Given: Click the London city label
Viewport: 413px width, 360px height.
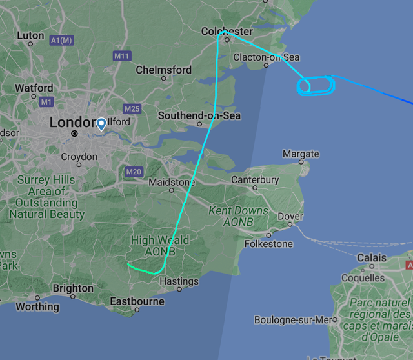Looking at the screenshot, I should pos(71,122).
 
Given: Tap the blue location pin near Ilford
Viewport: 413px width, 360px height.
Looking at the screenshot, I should pos(101,123).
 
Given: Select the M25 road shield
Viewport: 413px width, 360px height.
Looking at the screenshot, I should pos(132,108).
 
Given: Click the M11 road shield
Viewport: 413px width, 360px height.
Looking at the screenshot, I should pos(121,56).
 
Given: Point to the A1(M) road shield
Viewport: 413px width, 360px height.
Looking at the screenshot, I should pos(62,41).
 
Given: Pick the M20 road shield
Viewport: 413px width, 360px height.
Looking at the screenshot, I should pos(134,172).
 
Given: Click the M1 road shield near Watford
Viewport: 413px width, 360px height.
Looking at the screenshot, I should pos(46,102).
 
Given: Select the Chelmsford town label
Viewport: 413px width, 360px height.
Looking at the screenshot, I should pos(163,70).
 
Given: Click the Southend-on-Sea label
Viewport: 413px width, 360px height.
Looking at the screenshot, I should pos(199,115).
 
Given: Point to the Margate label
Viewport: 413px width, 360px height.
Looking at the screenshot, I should pos(301,154).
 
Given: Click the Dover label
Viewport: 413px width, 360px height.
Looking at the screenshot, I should pos(290,217).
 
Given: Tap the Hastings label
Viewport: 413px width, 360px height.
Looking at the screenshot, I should pos(179,281).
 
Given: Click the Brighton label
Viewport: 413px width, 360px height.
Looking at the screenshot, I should pos(73,288).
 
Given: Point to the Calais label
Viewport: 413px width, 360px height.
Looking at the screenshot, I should pos(372,258).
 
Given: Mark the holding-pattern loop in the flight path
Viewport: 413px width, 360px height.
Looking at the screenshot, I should pos(316,85).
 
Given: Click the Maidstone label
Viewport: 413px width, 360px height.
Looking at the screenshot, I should pos(171,183).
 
